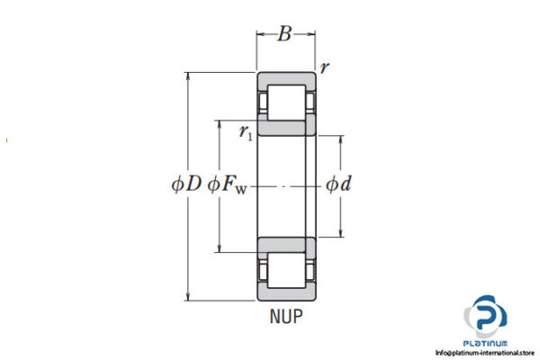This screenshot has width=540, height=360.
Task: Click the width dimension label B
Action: coord(285,35)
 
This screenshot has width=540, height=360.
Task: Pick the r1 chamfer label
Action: coord(245,132)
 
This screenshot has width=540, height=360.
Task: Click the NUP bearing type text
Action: coord(285,316)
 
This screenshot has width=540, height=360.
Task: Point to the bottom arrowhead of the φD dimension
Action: coord(188,296)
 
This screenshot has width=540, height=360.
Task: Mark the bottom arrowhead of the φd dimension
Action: coord(341,234)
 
